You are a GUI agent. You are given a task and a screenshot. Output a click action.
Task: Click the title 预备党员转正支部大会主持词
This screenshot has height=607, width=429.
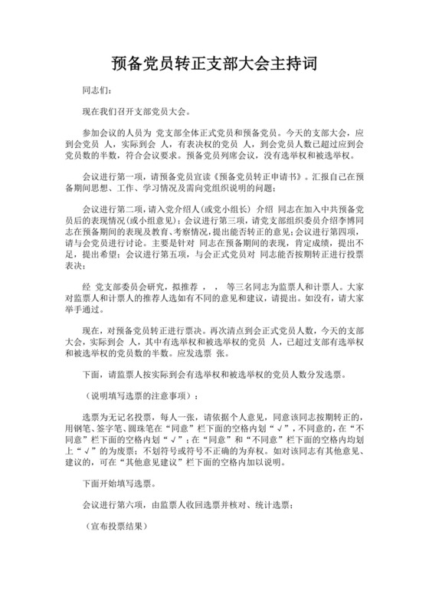[x=214, y=62]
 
